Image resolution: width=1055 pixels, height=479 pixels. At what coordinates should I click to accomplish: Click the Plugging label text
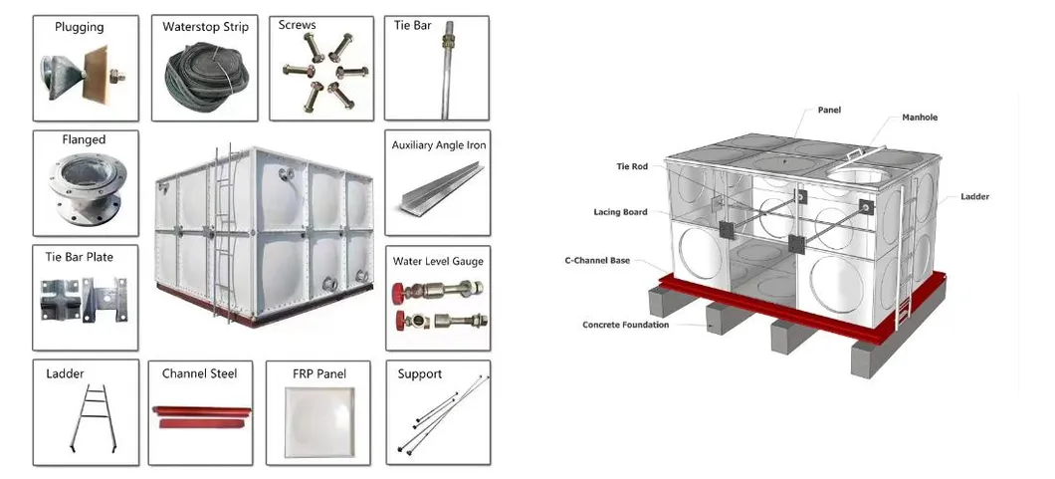[78, 28]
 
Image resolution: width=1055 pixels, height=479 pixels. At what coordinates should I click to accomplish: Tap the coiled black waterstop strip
[205, 76]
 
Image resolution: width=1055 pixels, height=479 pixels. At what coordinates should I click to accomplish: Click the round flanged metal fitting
[85, 192]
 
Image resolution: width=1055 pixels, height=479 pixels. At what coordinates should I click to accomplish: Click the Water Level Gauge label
[438, 261]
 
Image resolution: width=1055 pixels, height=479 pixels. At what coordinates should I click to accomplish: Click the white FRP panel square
[317, 421]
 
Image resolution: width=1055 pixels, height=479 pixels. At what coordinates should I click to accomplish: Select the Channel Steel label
[199, 373]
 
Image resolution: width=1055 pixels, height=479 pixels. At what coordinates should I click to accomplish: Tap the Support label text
[419, 373]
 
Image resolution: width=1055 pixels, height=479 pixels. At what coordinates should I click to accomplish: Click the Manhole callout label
[920, 118]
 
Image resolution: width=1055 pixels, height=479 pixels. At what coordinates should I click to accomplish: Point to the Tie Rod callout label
[631, 166]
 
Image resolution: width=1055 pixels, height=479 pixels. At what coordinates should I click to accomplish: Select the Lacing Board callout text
[620, 212]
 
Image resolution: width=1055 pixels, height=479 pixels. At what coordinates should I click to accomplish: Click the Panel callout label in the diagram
[829, 110]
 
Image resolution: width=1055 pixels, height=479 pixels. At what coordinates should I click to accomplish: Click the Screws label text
[297, 25]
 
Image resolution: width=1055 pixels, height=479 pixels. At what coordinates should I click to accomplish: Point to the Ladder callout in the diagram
[974, 197]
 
